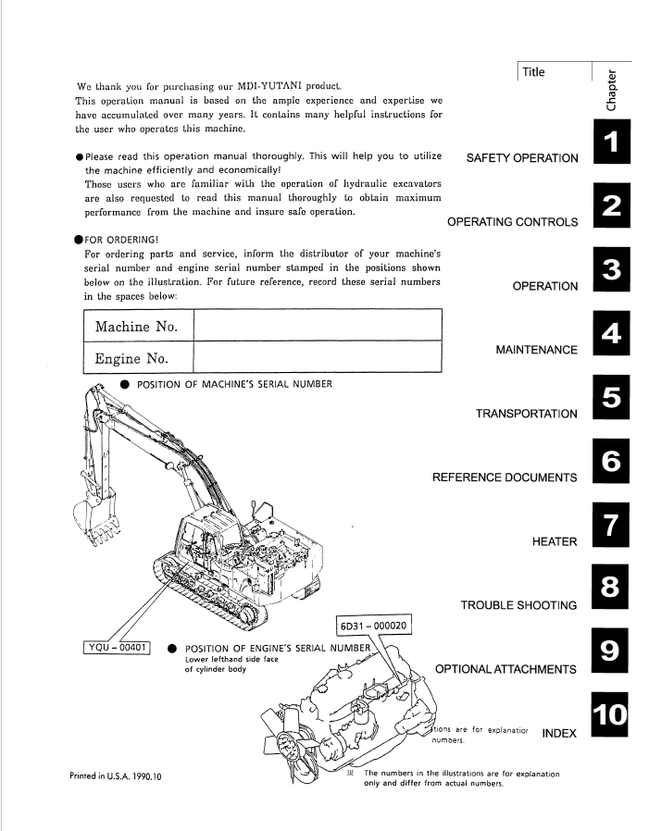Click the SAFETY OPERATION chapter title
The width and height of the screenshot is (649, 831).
pos(523,158)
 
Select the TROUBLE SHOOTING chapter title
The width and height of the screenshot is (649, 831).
pos(518,605)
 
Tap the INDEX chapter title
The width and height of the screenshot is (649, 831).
pos(559,733)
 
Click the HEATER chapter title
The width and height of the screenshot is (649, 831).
pos(555,541)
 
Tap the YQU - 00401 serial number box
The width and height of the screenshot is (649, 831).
pos(119,646)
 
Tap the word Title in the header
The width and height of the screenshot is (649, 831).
pos(533,72)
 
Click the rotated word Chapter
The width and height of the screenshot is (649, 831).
pos(612,89)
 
